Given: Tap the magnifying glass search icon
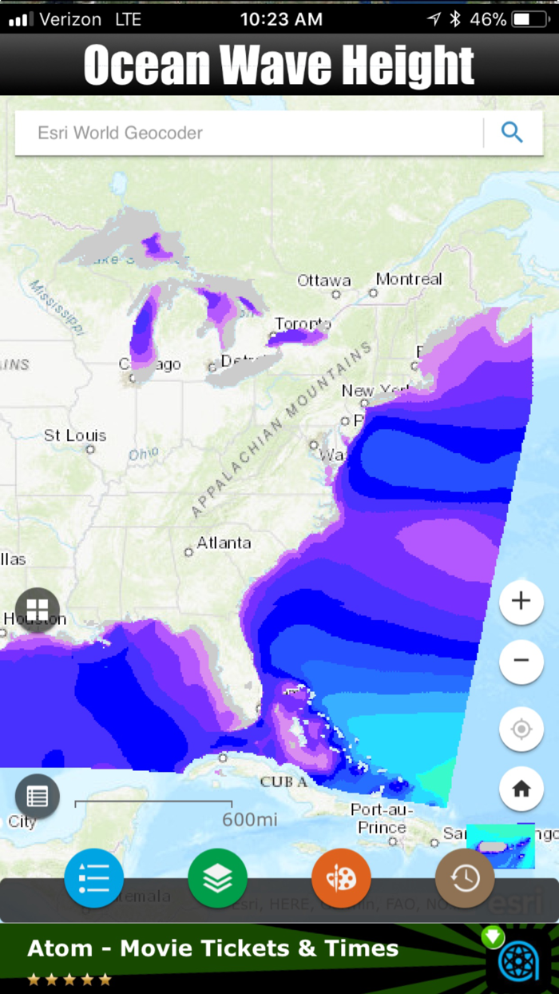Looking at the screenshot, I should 512,133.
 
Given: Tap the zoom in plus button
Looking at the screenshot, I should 521,602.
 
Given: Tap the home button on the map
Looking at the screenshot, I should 521,789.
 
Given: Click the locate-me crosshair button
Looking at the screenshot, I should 521,729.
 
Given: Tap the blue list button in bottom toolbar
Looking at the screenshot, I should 94,878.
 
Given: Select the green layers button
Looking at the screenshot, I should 218,878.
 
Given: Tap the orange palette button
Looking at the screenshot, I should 341,878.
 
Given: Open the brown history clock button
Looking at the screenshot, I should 465,878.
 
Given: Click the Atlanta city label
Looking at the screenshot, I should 224,543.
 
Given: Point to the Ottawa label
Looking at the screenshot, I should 324,280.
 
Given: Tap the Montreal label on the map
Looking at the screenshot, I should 409,279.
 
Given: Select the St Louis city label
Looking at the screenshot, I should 75,435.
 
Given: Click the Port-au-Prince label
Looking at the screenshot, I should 383,819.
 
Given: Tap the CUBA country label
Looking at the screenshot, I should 283,781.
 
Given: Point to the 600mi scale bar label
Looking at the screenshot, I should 250,819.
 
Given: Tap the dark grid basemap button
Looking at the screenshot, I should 38,610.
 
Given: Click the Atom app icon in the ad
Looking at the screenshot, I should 521,961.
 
